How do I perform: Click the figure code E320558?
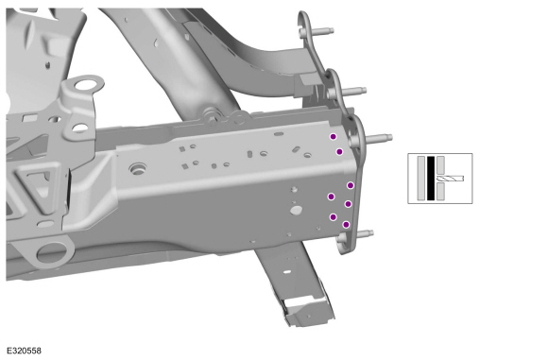[x=24, y=351]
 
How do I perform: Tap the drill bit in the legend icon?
[x=450, y=179]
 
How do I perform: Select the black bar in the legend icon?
[x=431, y=179]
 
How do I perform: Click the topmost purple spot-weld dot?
[x=334, y=137]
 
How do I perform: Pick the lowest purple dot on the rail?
[x=346, y=224]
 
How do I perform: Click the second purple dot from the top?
[x=339, y=152]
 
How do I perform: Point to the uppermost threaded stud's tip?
[x=331, y=31]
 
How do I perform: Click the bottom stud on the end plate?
[x=365, y=233]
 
